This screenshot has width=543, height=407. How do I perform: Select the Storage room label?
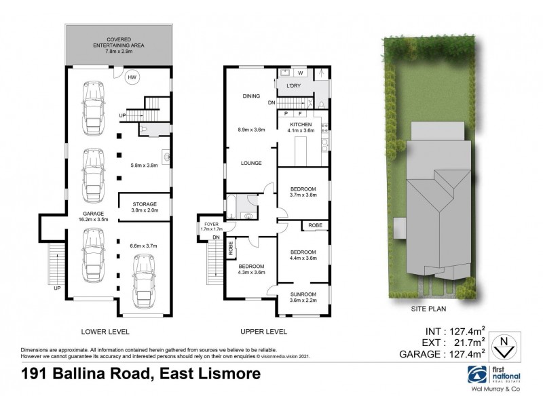(x=144, y=206)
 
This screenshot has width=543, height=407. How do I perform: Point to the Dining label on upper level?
(x=251, y=96)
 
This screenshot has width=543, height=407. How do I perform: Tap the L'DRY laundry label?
(x=293, y=85)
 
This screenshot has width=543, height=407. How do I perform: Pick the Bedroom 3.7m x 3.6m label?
(x=302, y=191)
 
